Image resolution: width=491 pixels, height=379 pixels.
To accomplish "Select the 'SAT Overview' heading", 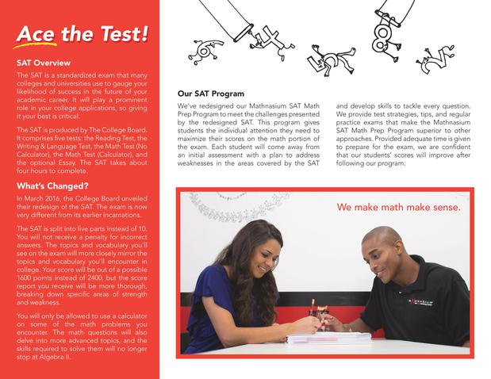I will pos(44,63).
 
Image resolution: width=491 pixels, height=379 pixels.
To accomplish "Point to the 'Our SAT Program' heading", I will pos(210,94).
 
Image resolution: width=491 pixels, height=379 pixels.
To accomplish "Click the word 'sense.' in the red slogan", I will pos(441,208).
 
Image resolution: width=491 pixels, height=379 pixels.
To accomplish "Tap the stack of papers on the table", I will pos(317,338).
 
